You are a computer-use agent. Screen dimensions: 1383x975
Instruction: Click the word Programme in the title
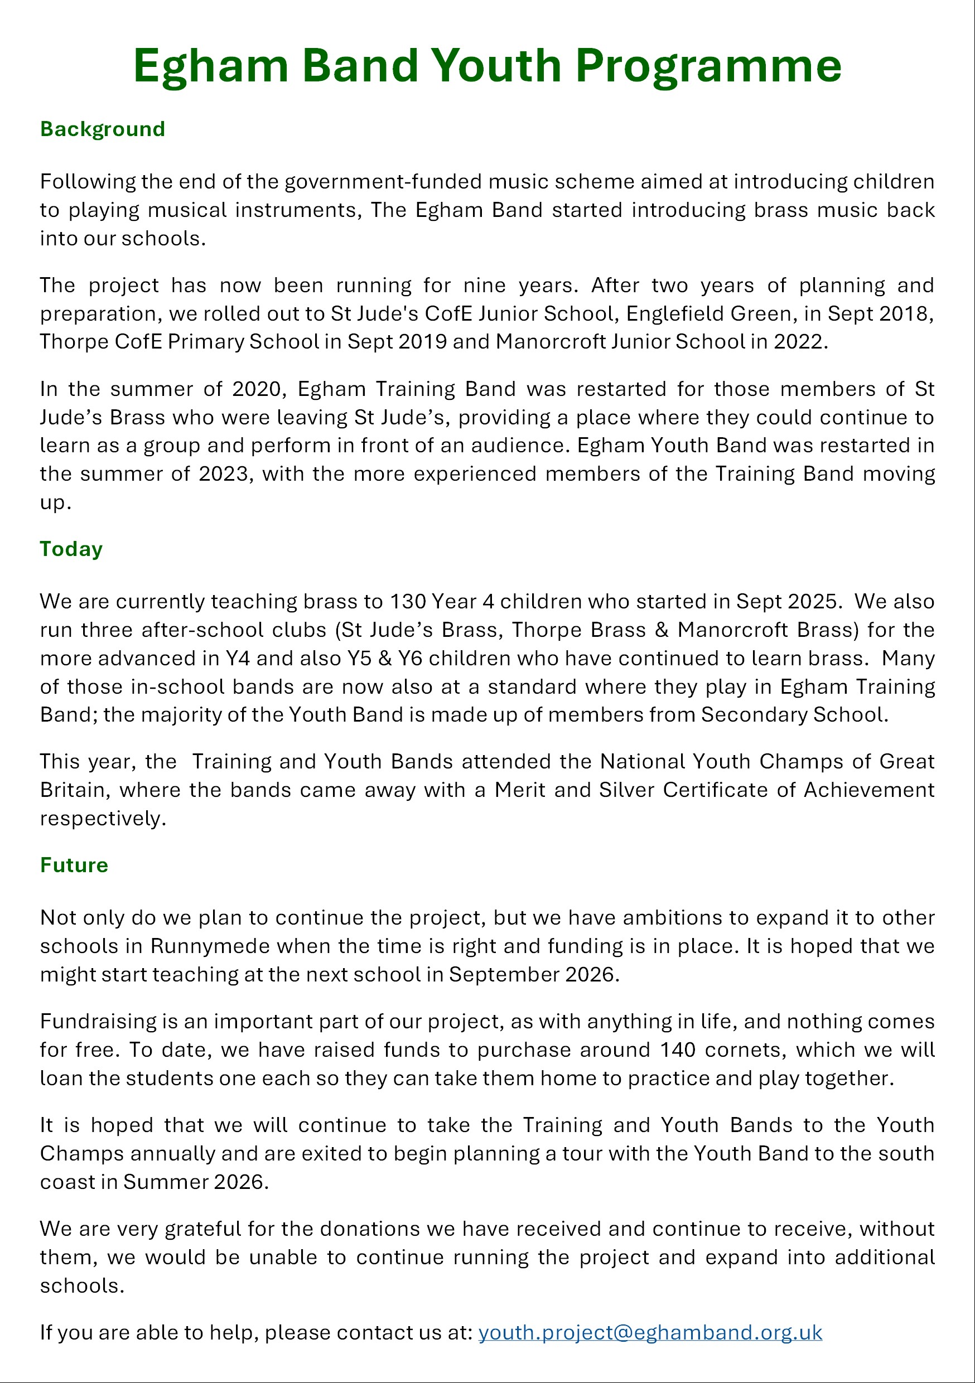click(708, 66)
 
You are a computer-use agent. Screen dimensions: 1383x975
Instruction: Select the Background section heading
click(103, 129)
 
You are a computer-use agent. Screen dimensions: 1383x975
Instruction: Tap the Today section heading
click(71, 549)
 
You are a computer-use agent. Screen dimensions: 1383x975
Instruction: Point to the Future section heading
click(74, 865)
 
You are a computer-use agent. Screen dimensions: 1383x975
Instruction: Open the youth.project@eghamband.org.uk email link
click(650, 1332)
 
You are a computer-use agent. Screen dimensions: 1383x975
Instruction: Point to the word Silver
click(626, 790)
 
